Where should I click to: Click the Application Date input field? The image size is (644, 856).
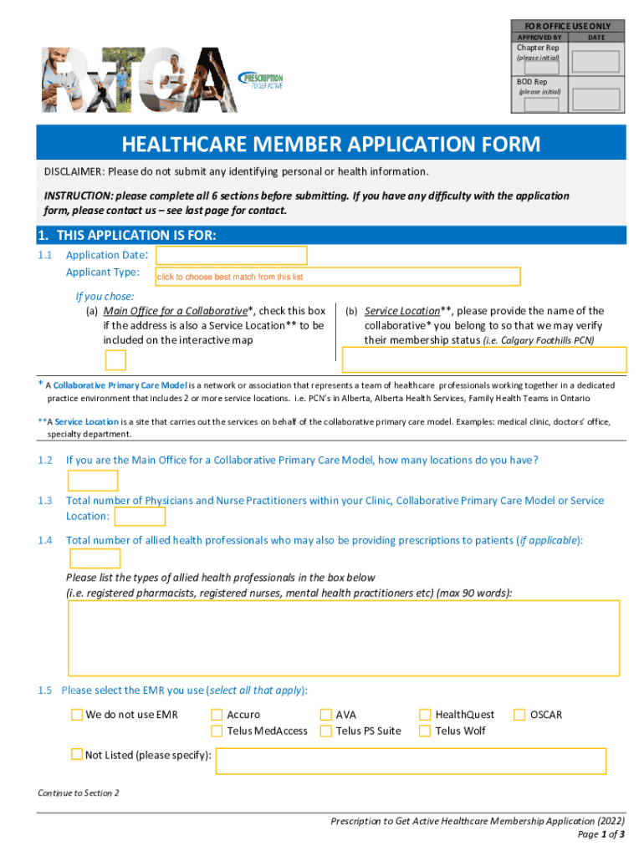(232, 255)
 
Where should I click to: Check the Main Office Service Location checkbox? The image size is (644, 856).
(115, 360)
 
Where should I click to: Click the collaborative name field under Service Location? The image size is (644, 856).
(484, 359)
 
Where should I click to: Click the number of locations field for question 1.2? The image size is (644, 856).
(93, 481)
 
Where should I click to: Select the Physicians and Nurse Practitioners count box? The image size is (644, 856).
(139, 518)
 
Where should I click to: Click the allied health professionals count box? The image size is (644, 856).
(95, 558)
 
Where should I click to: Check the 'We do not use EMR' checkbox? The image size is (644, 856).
(77, 715)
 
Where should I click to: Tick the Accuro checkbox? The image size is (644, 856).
(217, 715)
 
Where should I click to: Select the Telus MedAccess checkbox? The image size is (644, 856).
(217, 731)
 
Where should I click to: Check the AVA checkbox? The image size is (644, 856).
(326, 715)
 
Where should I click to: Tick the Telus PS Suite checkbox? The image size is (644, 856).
(326, 731)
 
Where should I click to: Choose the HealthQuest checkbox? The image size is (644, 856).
(426, 715)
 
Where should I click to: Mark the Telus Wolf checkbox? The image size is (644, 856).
(426, 731)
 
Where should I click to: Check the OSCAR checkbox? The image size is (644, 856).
(519, 715)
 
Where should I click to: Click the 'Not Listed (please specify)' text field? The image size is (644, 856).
(411, 761)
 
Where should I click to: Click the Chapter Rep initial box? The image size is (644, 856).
(595, 61)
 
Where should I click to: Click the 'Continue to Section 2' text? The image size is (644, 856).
(79, 792)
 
